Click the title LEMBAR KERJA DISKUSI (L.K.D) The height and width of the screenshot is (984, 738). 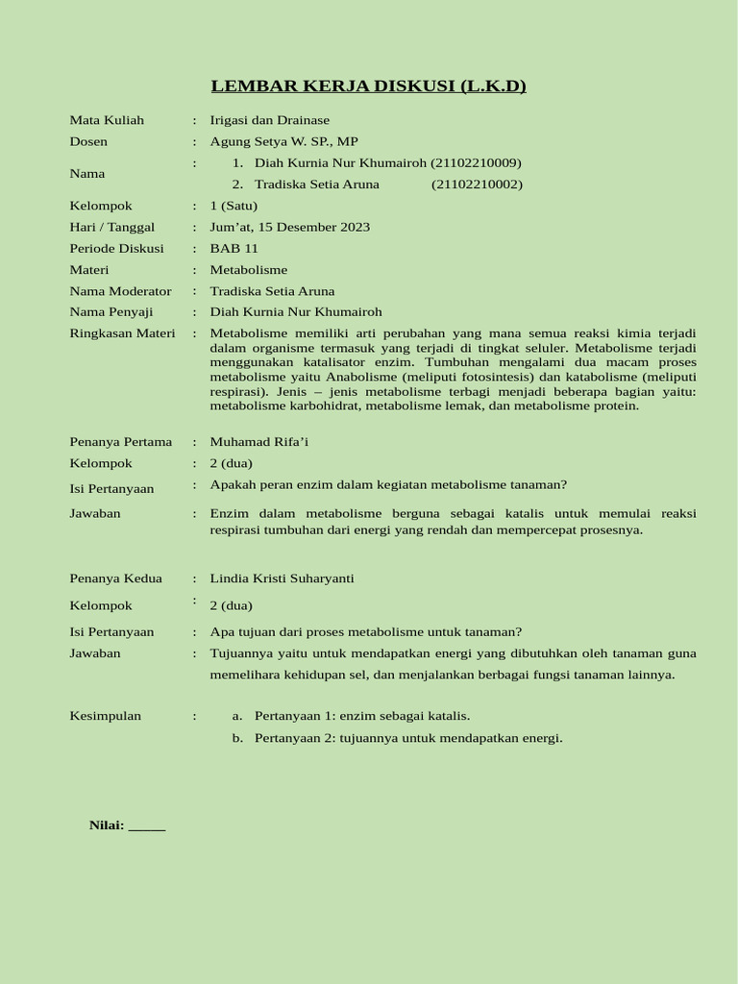tap(368, 86)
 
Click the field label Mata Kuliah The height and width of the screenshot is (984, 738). tap(107, 120)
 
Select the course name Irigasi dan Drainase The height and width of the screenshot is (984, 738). tap(269, 120)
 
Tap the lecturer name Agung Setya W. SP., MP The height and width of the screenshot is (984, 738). tap(283, 141)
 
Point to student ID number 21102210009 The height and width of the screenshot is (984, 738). tap(477, 163)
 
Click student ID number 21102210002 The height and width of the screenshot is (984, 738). tap(477, 184)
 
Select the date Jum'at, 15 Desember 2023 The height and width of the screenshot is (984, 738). tap(289, 227)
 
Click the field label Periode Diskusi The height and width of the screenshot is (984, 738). tap(116, 248)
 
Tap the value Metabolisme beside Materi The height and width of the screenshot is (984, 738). tap(248, 270)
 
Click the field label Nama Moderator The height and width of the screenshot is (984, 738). tap(120, 291)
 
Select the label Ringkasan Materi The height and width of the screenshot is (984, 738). tap(122, 333)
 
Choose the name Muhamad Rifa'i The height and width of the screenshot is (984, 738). tap(259, 442)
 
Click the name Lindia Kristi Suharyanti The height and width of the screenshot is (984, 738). tap(282, 578)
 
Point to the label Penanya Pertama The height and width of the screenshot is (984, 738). tap(120, 442)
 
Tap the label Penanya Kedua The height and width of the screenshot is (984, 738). tap(115, 578)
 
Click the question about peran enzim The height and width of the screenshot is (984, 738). tap(388, 485)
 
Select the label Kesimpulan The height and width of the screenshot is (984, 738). tap(105, 716)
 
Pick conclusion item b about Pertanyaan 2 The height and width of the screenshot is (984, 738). tap(407, 738)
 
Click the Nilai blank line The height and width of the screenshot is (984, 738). tap(147, 825)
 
